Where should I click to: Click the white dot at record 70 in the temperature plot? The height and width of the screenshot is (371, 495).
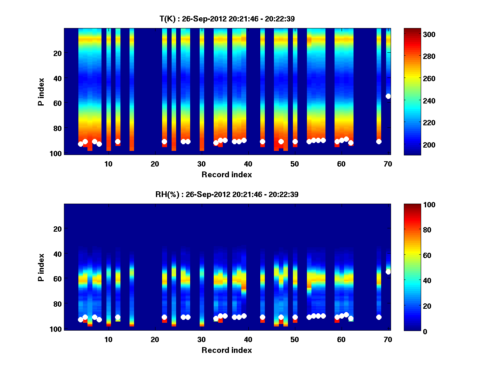(388, 96)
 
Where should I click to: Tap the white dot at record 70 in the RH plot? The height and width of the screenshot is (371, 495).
(388, 272)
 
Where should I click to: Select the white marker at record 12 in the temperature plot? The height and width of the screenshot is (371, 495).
(118, 141)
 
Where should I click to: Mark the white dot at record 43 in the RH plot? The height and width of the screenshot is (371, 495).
(262, 317)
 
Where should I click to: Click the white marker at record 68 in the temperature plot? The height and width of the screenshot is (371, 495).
(379, 141)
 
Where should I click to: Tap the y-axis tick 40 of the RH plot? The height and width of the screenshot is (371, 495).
(57, 254)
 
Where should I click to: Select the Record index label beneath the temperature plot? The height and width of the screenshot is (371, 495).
(226, 174)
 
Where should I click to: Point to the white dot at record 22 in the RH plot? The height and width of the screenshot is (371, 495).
(164, 317)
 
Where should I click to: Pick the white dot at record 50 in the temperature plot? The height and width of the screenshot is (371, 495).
(295, 141)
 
